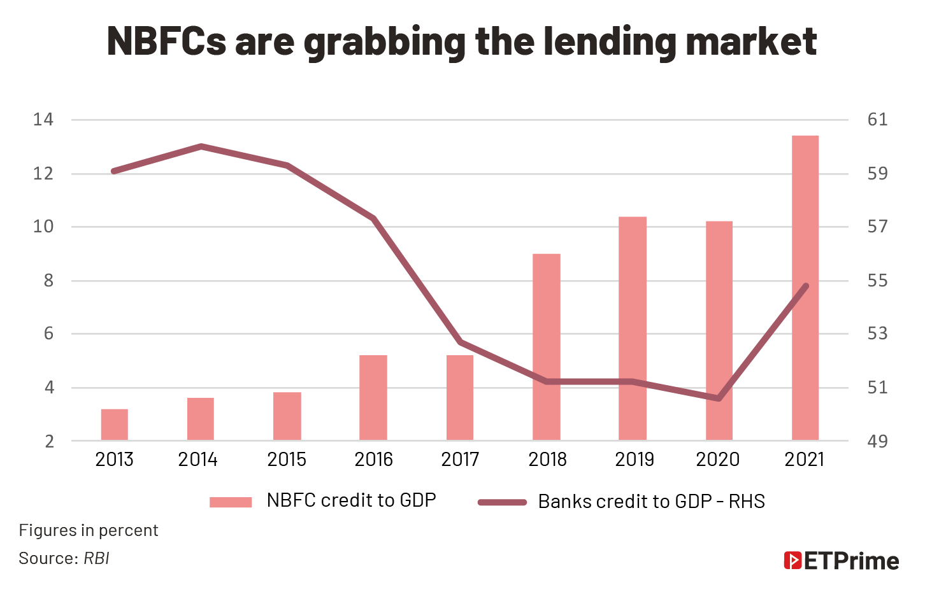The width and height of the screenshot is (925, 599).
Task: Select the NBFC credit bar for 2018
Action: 546,347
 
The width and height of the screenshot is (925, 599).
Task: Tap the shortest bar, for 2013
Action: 114,425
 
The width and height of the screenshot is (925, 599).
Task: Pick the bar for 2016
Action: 373,397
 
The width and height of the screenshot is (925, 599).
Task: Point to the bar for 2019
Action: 633,328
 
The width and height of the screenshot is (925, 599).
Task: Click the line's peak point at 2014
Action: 201,146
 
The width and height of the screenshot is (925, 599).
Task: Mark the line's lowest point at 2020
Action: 719,398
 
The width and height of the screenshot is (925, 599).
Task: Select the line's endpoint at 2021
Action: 807,286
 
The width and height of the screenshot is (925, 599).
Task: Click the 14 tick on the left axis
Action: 43,120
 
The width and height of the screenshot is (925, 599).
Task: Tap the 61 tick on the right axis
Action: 877,120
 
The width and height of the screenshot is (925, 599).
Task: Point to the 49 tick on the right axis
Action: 877,441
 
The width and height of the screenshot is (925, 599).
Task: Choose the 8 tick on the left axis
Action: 48,281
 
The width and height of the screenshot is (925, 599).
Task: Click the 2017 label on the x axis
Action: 460,460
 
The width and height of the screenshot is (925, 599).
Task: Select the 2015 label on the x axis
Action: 287,460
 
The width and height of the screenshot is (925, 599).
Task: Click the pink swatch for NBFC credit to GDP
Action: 231,502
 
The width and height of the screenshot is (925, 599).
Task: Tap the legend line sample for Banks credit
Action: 503,502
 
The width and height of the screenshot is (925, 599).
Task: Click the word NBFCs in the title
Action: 166,41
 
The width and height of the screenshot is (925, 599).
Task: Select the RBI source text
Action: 96,559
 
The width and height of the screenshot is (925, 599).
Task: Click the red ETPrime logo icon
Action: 792,560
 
